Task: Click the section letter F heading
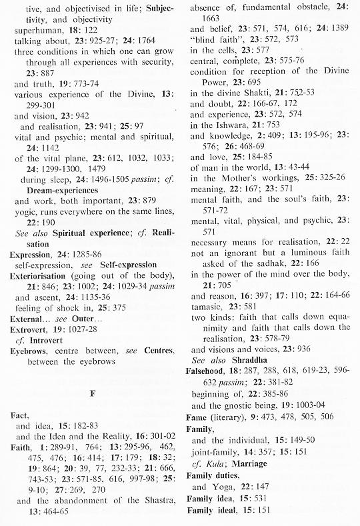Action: tap(92, 393)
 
